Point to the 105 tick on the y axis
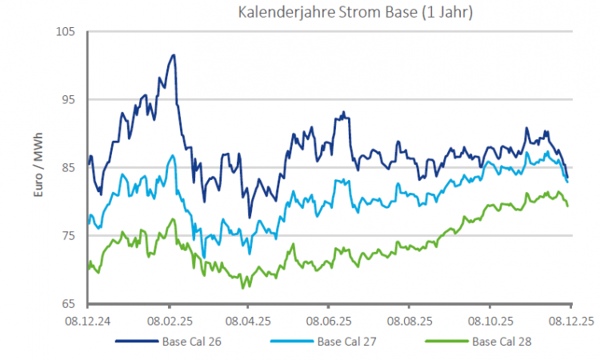[66, 31]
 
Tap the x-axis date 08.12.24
[88, 320]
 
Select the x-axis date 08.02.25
[169, 320]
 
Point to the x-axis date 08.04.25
[248, 320]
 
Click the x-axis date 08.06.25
[329, 320]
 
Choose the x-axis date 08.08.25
[409, 320]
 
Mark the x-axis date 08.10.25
[489, 320]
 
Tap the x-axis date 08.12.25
[570, 320]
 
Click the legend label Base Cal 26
[193, 341]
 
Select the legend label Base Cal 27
[347, 341]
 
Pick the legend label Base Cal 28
[502, 341]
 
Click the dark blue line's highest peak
[173, 55]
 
